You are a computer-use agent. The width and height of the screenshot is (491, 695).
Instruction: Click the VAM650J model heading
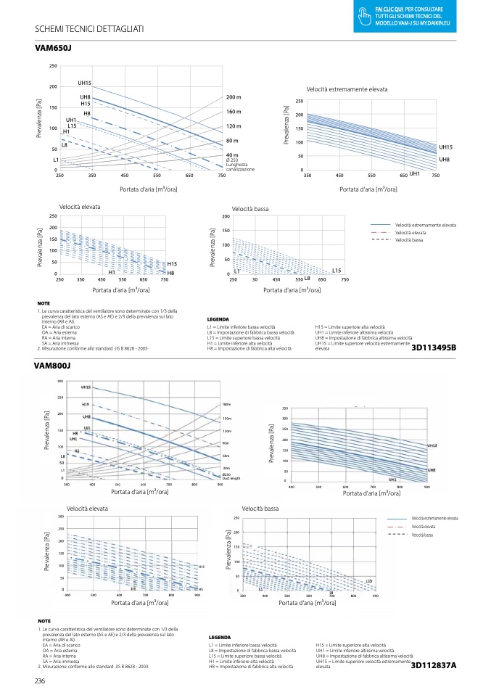pos(53,48)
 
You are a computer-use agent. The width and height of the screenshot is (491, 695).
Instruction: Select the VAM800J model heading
pos(53,366)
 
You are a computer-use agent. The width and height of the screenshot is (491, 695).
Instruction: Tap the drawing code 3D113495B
pos(433,347)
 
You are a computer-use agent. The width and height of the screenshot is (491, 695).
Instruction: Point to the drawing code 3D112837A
pos(433,665)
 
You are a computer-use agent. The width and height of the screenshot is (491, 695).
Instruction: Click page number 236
pos(41,680)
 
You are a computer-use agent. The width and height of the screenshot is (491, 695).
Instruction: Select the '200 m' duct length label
pos(234,97)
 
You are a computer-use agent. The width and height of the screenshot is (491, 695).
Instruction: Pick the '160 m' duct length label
pos(234,112)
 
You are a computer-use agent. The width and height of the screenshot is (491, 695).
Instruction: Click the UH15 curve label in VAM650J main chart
pos(85,83)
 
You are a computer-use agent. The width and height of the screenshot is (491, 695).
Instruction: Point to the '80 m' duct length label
pos(232,141)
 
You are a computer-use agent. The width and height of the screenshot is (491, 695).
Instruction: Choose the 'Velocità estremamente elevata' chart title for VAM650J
pos(347,89)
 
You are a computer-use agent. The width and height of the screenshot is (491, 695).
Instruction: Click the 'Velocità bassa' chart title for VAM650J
pos(250,209)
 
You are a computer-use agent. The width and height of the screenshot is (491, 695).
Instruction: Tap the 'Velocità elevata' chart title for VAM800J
pos(87,509)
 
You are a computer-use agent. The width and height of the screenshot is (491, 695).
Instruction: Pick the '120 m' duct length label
pos(234,126)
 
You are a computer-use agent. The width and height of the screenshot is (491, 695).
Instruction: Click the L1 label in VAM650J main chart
pos(56,159)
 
